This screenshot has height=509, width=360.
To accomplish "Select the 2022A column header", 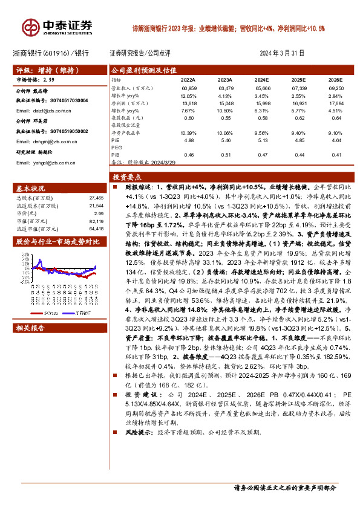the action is click(188, 79).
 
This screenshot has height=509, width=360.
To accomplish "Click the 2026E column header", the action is click(335, 79).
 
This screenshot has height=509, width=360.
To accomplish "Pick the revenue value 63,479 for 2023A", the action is click(224, 89).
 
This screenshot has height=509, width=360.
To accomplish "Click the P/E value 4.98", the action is click(188, 139).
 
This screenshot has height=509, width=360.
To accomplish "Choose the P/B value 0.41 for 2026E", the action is click(335, 155).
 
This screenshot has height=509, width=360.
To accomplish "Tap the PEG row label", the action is click(116, 147).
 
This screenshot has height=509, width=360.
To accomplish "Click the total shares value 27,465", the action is click(97, 197).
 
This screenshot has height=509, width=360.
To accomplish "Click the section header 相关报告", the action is click(30, 329).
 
